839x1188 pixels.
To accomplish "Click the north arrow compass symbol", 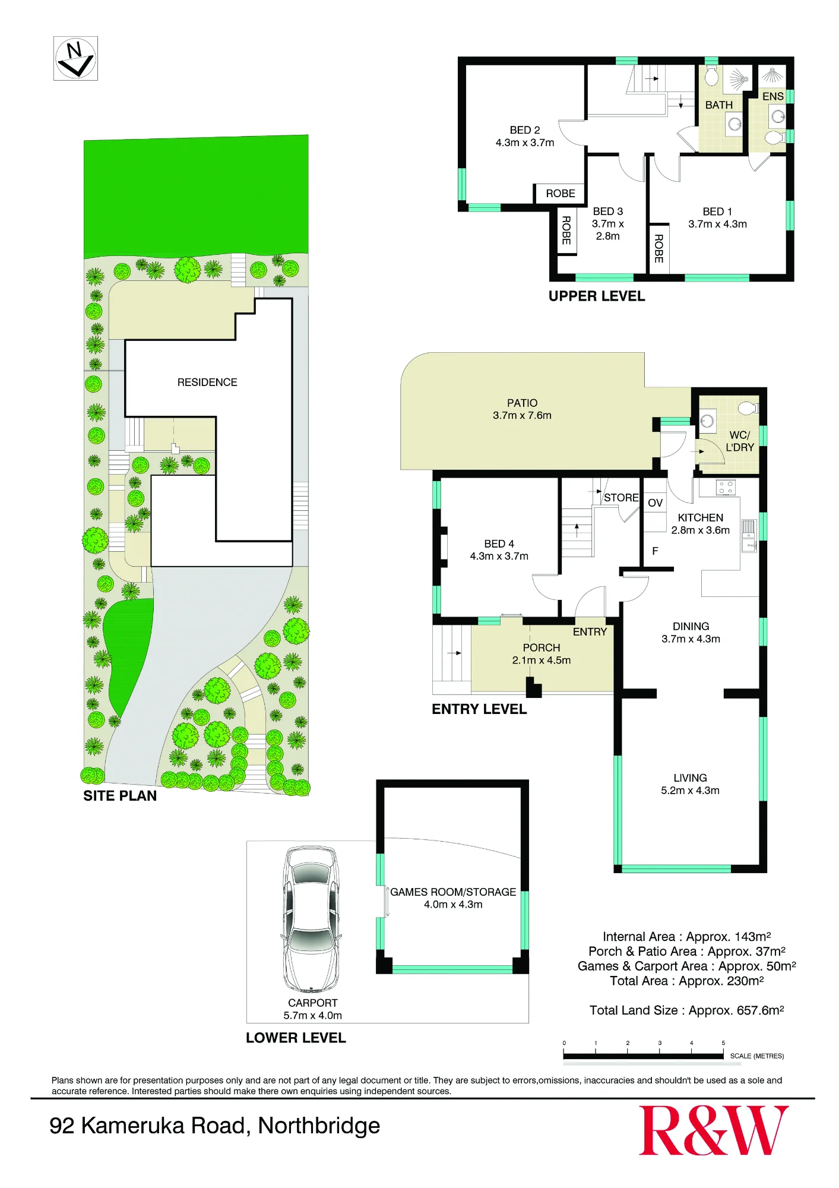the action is click(75, 59).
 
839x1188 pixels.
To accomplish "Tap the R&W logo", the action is click(713, 1130).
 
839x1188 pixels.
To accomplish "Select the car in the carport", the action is click(311, 920).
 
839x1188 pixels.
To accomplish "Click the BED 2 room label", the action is click(525, 130).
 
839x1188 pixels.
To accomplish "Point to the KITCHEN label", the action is click(701, 518).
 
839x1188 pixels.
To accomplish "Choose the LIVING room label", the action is click(690, 778).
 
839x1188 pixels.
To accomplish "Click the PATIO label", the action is click(523, 403).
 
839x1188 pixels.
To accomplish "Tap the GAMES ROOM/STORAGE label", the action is click(453, 892).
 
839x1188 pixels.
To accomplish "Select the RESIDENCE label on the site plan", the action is click(207, 383).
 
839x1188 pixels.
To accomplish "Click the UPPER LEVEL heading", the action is click(597, 296).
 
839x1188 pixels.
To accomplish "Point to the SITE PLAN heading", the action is click(120, 796).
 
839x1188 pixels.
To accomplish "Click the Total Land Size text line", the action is click(687, 1010).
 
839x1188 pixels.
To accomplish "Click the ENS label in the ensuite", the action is click(773, 96).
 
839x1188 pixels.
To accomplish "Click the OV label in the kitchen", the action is click(655, 503).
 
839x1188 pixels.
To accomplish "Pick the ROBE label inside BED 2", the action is click(561, 194).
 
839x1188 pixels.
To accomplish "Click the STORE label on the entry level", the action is click(621, 498).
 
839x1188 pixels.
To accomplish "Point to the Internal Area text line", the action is click(687, 937).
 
